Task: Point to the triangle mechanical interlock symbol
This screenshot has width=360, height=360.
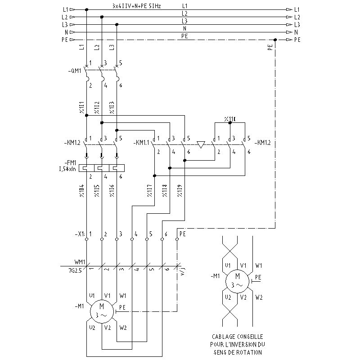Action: coord(201,144)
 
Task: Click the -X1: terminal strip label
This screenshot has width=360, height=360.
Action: coord(80,234)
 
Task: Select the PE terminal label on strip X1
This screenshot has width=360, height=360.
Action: coord(182,234)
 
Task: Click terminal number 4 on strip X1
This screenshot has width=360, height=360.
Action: coord(136,234)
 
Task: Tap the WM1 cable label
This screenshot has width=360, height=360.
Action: coord(80,262)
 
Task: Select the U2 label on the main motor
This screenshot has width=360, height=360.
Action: coord(92,328)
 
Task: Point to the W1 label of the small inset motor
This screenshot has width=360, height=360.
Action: coord(258,265)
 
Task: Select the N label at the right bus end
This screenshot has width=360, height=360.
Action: coord(296,32)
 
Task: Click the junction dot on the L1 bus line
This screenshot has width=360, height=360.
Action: coord(86,9)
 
